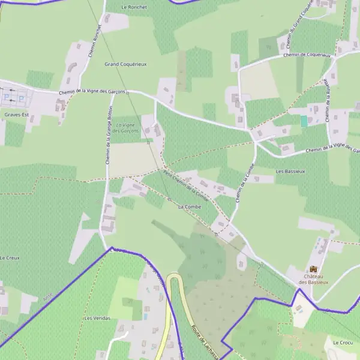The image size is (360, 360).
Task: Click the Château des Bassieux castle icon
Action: [313, 269]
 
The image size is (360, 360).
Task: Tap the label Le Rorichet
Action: [134, 7]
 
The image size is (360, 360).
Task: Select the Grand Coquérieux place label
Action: [125, 64]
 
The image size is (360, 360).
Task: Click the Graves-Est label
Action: [16, 114]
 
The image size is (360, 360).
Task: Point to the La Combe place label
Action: [189, 206]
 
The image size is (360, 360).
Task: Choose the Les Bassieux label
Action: [290, 171]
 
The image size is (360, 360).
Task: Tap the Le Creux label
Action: [10, 257]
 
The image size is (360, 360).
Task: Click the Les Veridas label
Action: [97, 318]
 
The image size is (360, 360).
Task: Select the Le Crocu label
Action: [343, 342]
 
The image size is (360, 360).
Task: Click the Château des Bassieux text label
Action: [313, 279]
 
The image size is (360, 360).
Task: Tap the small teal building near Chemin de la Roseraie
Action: [304, 121]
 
